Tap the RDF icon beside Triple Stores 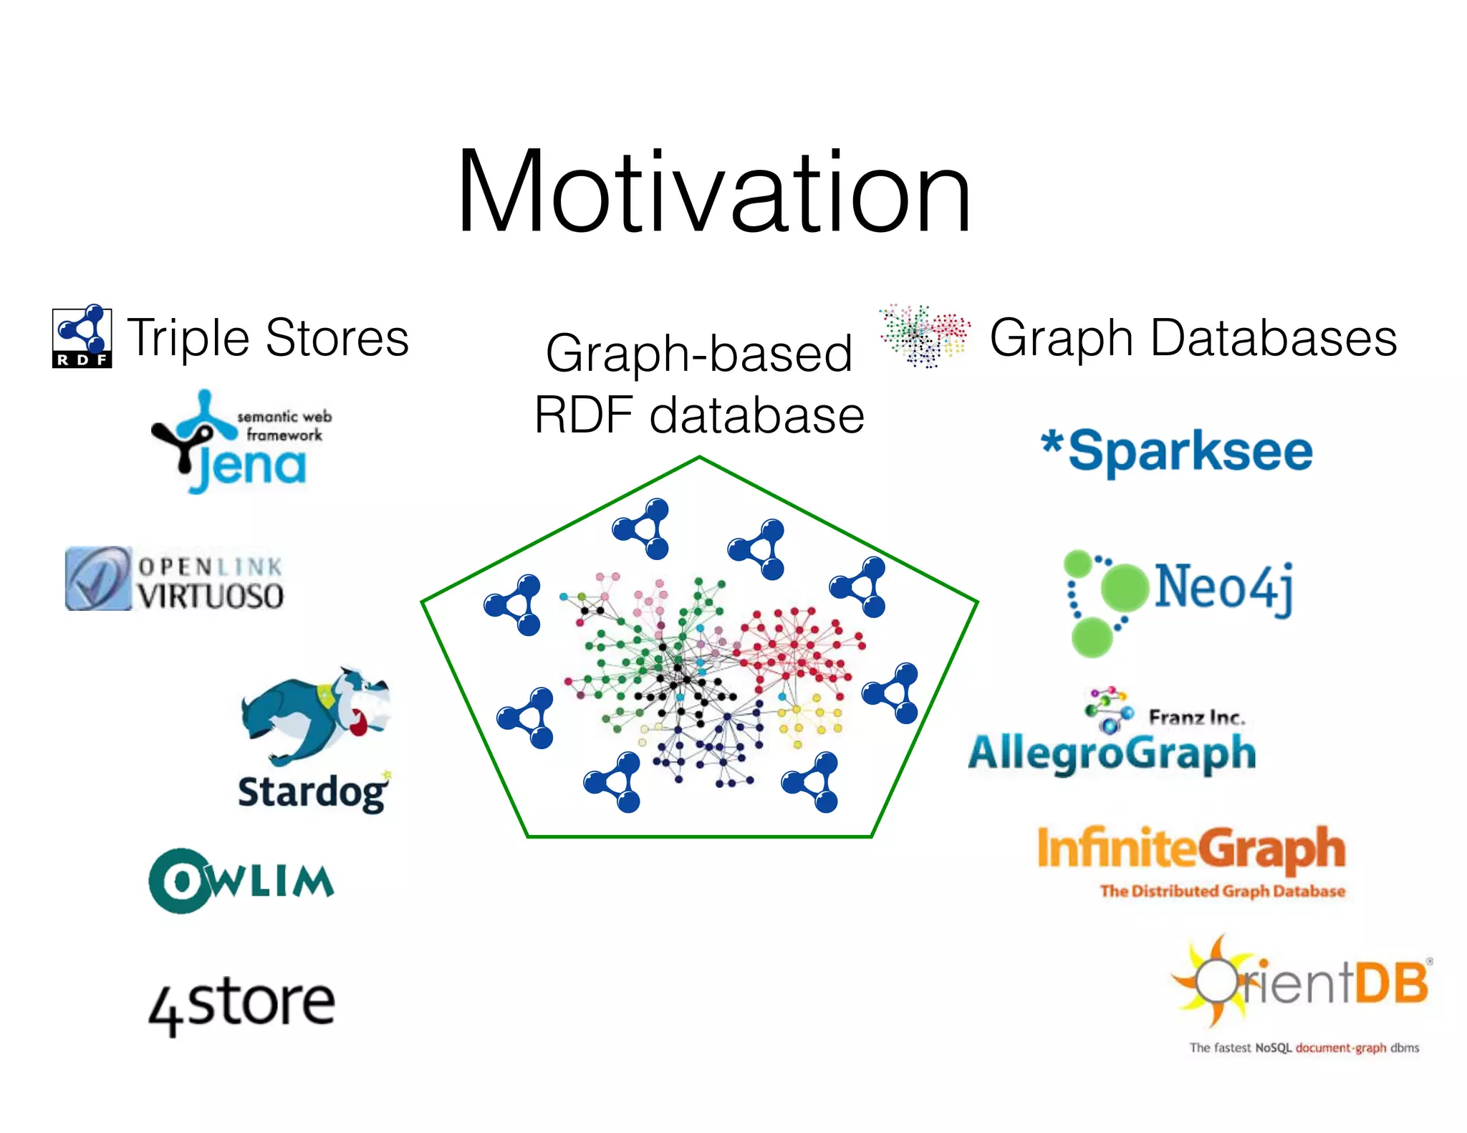click(x=82, y=337)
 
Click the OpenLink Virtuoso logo click(x=174, y=579)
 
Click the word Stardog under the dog click(x=312, y=792)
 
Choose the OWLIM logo click(x=241, y=881)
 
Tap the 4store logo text click(x=242, y=1003)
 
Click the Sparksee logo click(x=1178, y=451)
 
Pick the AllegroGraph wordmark click(x=1112, y=753)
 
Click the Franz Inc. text click(x=1196, y=717)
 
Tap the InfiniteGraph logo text click(x=1191, y=849)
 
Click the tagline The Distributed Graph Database click(x=1222, y=892)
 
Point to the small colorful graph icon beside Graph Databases click(x=924, y=335)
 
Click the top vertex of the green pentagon click(x=699, y=457)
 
